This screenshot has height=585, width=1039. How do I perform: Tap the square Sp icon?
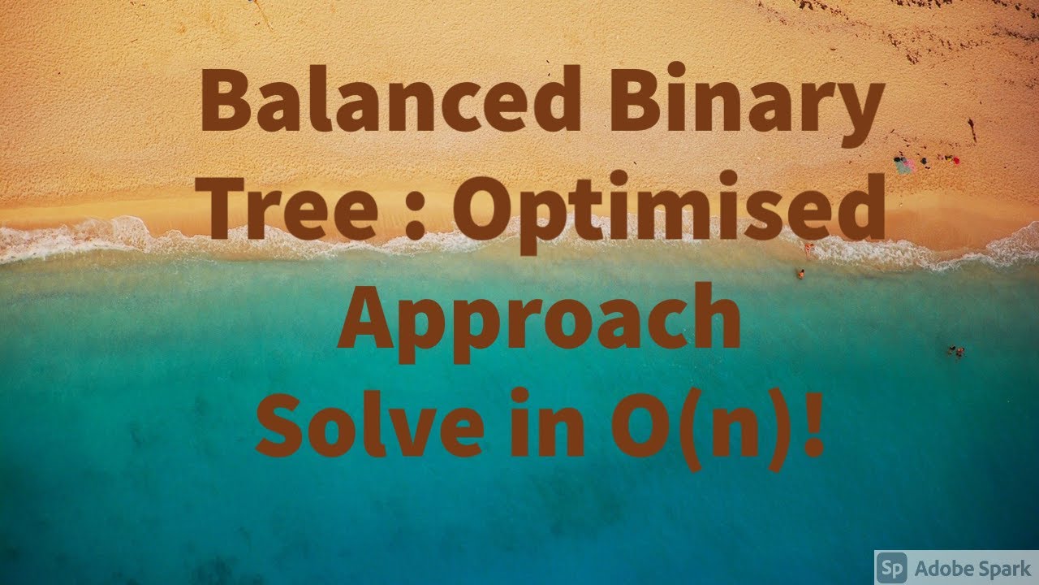891,567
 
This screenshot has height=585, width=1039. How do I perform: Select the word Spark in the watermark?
1003,567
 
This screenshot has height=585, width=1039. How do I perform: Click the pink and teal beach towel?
903,164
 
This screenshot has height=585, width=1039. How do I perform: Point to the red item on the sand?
955,160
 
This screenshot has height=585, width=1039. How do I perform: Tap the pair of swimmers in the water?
956,351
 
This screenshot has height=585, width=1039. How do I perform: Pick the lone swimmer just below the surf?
800,274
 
